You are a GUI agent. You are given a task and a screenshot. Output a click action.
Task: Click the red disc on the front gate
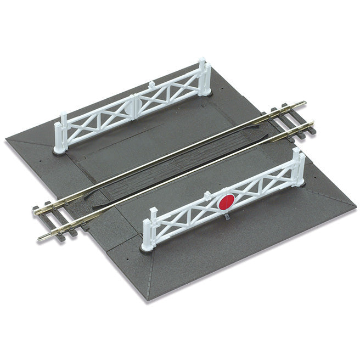pyautogui.click(x=226, y=201)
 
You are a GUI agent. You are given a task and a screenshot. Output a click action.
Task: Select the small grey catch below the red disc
pyautogui.click(x=227, y=216)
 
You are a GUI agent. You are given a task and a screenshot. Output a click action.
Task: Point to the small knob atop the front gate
pyautogui.click(x=207, y=194)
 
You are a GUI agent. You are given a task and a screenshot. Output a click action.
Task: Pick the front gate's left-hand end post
pyautogui.click(x=148, y=230)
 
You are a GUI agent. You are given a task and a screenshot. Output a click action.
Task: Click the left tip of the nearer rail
pyautogui.click(x=40, y=238)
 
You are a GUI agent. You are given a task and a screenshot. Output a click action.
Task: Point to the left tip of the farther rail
pyautogui.click(x=35, y=211)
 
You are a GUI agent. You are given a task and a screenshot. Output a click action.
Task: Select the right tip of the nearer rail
pyautogui.click(x=312, y=123)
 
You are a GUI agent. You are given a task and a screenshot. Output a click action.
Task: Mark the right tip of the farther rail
pyautogui.click(x=305, y=103)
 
